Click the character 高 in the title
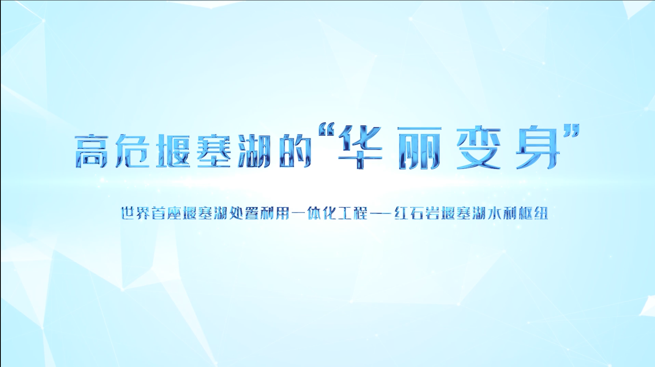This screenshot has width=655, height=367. (92, 151)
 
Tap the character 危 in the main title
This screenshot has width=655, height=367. (133, 151)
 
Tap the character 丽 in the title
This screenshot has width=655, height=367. (419, 148)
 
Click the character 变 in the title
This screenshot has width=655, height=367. (478, 148)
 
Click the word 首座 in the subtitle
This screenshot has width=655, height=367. (167, 213)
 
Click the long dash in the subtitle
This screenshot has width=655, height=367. (381, 213)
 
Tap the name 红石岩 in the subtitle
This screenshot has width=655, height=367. (417, 213)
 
